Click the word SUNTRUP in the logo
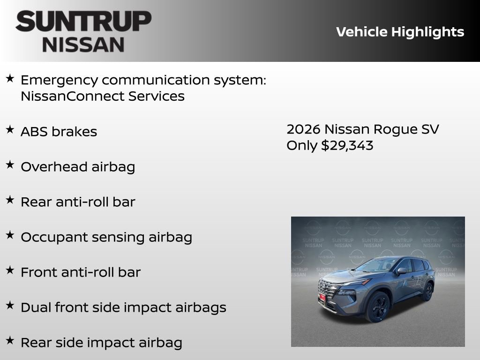(83, 21)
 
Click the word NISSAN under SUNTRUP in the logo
(83, 45)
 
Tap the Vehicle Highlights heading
(400, 32)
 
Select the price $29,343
(347, 145)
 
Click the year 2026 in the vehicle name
(303, 129)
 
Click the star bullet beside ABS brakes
(10, 130)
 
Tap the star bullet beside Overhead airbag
(10, 165)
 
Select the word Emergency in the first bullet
(60, 80)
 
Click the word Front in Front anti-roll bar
(37, 272)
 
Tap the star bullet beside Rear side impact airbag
(10, 341)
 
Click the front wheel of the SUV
(377, 307)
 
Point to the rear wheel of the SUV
(427, 292)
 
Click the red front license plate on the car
(322, 298)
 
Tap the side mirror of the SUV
(401, 271)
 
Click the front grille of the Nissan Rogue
(328, 288)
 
